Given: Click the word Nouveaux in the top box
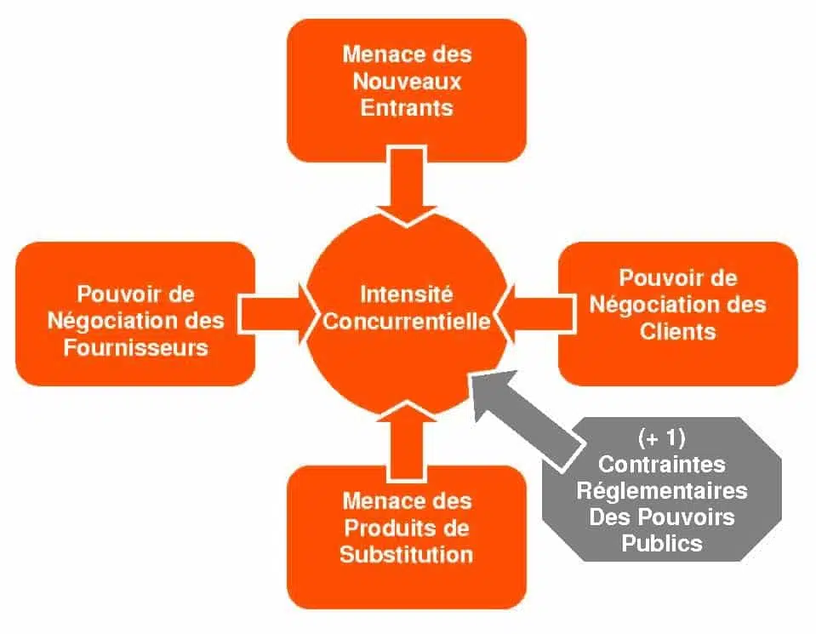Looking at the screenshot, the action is (x=407, y=81).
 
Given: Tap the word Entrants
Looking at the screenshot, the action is (x=407, y=108).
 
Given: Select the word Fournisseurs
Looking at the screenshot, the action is (x=136, y=348).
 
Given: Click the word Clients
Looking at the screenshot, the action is (x=678, y=332).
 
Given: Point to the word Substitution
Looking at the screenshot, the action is (x=407, y=554).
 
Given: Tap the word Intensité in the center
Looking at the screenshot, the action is (x=407, y=294).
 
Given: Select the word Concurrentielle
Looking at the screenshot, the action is (x=407, y=321).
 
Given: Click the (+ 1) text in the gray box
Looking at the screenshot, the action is (x=661, y=437).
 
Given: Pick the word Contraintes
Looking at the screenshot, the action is (x=661, y=465).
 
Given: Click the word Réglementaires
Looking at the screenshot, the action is (x=661, y=490).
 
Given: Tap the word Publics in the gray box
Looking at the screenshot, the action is (x=661, y=544).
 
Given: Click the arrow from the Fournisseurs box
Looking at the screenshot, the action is (x=277, y=314).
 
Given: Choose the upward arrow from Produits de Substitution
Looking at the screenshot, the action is (x=407, y=442).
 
